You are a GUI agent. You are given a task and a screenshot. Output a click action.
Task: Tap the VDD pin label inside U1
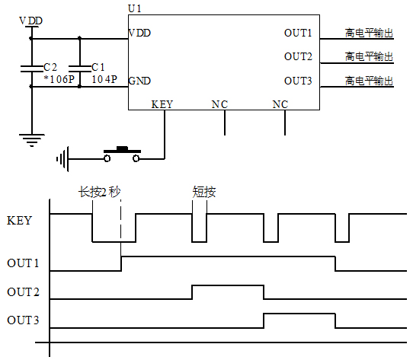(x=139, y=33)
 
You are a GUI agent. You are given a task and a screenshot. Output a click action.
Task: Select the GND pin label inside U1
(x=139, y=81)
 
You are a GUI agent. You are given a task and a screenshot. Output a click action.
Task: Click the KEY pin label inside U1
(x=162, y=104)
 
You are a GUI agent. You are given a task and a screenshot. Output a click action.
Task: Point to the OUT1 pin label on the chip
(x=298, y=33)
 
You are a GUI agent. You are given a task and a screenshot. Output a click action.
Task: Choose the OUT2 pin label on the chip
(x=298, y=56)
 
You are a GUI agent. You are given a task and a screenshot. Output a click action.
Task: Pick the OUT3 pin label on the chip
(x=298, y=81)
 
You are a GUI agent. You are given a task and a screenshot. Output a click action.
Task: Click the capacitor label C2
(x=50, y=67)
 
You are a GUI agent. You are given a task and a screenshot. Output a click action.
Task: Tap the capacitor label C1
(x=98, y=67)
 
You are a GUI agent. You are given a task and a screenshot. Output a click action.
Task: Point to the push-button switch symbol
(x=122, y=154)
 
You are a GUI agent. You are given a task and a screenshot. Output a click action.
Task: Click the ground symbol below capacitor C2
(x=31, y=139)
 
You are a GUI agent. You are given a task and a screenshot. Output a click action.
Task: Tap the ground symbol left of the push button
(x=62, y=159)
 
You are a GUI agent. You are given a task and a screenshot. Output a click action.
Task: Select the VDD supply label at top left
(x=30, y=19)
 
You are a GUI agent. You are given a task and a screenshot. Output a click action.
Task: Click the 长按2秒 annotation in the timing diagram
(x=100, y=192)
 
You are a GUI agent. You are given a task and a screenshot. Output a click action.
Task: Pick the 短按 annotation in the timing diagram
(x=204, y=192)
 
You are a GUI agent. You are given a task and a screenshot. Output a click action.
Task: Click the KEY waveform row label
(x=19, y=221)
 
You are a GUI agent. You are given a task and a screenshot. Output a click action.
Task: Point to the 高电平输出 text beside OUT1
(x=369, y=33)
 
